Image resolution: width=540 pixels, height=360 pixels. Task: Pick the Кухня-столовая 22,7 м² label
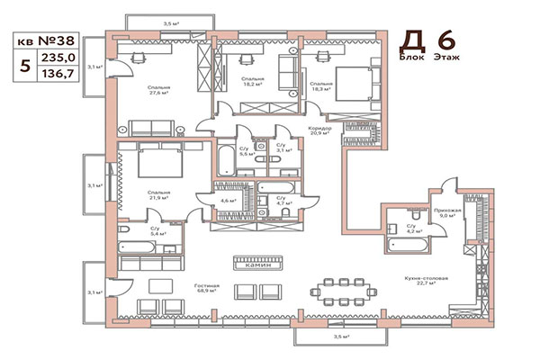coord(426,289)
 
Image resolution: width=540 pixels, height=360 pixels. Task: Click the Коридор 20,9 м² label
coord(319,131)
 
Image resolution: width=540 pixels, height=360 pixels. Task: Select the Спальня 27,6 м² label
coord(159,90)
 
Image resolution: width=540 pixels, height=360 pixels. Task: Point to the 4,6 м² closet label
coord(229,200)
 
